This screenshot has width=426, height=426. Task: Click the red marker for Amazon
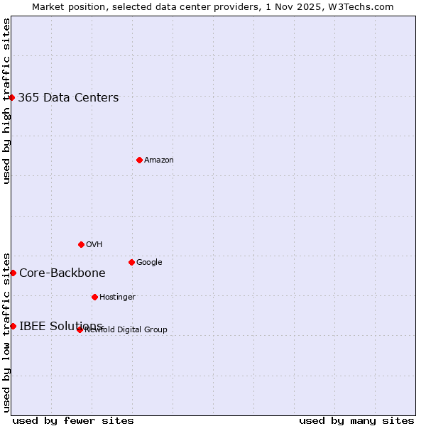click(x=139, y=160)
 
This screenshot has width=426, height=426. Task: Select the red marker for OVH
click(x=81, y=244)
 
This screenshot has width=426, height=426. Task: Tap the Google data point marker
click(x=131, y=262)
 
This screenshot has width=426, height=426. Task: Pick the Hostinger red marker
click(x=94, y=297)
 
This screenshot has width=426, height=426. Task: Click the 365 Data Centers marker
click(x=12, y=97)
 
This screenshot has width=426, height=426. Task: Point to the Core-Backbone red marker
click(x=13, y=273)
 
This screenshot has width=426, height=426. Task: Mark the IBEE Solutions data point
click(x=13, y=326)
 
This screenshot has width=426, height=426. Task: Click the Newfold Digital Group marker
click(x=80, y=329)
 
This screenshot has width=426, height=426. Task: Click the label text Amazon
click(x=159, y=160)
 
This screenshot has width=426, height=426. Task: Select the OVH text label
click(x=94, y=245)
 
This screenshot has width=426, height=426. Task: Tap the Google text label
click(x=149, y=263)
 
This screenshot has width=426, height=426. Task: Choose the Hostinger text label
click(x=117, y=297)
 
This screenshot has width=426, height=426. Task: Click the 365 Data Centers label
click(x=68, y=98)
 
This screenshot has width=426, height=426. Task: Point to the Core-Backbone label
click(x=62, y=273)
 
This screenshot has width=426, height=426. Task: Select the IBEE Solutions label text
click(x=60, y=327)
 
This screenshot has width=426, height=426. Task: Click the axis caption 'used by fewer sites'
click(x=73, y=421)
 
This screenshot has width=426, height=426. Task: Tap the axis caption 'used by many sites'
click(x=356, y=421)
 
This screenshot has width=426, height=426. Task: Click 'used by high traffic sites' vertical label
click(x=6, y=101)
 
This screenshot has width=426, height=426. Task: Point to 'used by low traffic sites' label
click(x=6, y=332)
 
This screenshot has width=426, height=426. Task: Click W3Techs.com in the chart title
click(x=364, y=6)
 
